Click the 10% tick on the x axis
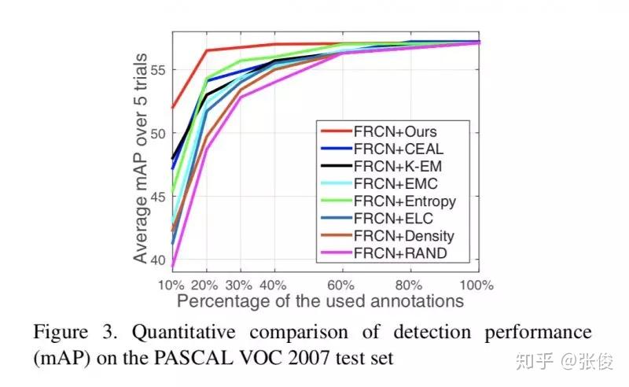coord(172,285)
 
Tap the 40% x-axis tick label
coord(273,285)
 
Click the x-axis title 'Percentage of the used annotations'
coord(320,301)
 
